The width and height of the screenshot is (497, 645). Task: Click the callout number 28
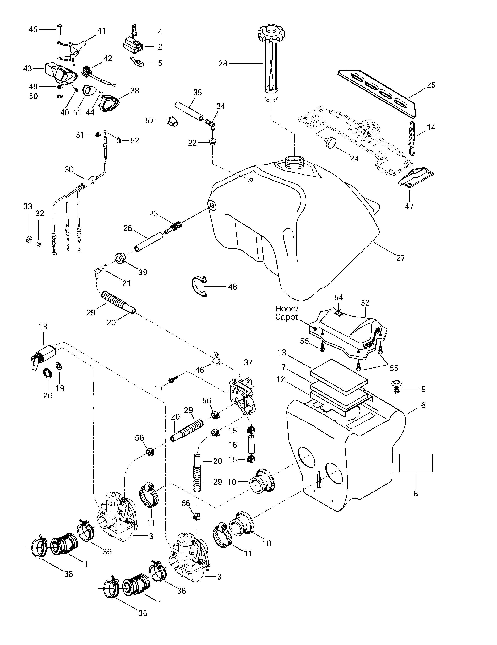point(223,63)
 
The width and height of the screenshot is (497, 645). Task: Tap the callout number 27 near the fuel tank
point(400,258)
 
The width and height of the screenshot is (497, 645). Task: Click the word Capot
point(286,317)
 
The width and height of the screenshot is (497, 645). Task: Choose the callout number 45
point(33,29)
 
